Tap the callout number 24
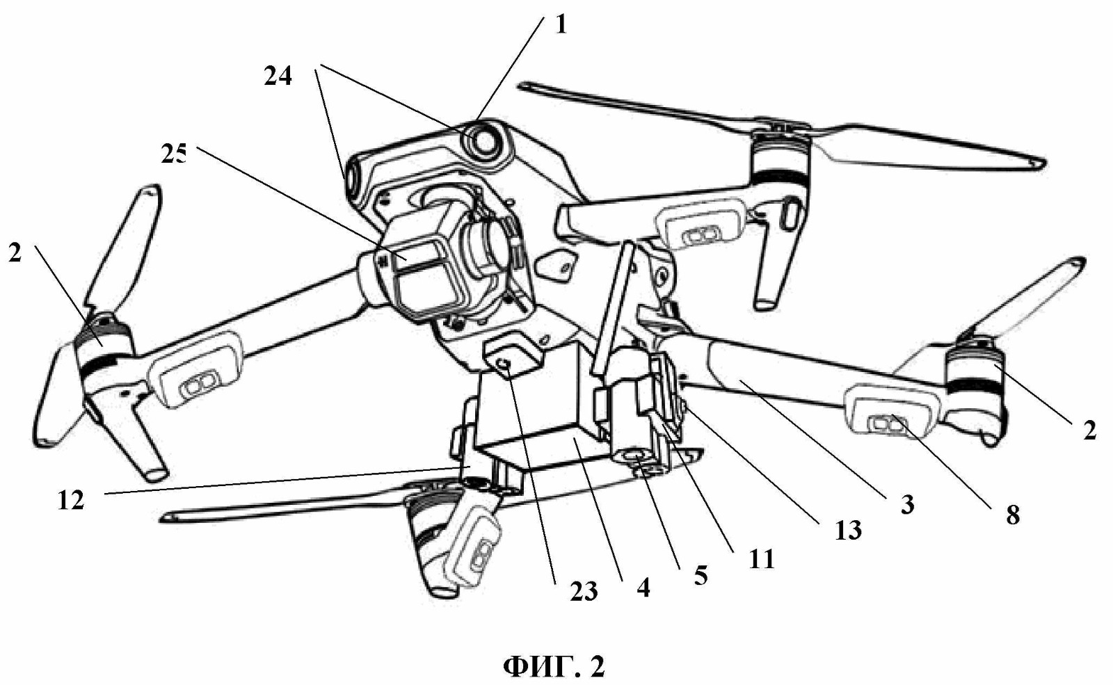click(x=278, y=77)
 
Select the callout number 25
click(x=174, y=156)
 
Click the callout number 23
click(x=584, y=592)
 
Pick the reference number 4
click(x=643, y=588)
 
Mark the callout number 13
click(x=848, y=531)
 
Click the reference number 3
click(x=907, y=505)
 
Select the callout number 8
click(x=1013, y=516)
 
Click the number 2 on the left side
click(x=15, y=253)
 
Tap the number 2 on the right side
click(x=1089, y=430)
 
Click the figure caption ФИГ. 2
click(x=554, y=667)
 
